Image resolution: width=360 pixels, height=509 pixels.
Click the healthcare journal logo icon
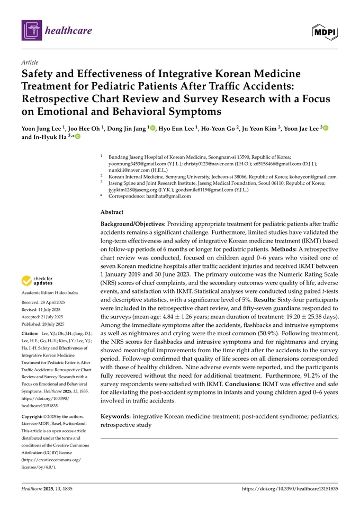click(31, 30)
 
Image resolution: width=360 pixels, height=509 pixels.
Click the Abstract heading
click(112, 211)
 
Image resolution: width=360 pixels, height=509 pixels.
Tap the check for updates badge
click(37, 281)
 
